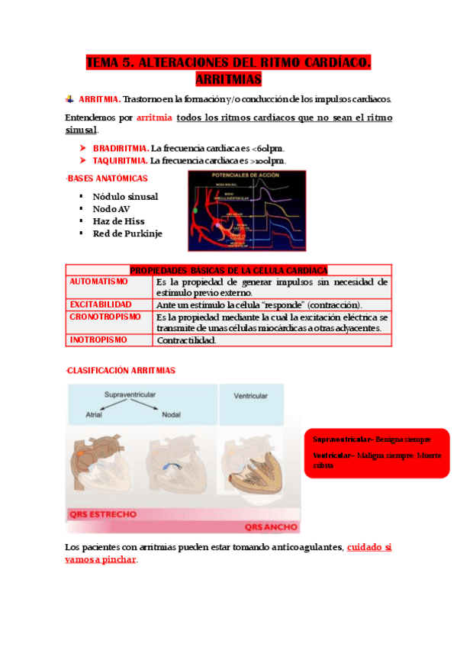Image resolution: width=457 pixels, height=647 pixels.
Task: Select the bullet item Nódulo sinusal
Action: (125, 196)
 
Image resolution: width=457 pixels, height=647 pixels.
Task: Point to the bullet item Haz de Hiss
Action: (118, 221)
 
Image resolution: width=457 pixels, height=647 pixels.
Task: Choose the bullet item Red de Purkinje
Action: (127, 233)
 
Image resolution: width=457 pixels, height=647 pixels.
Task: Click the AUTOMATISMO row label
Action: (99, 282)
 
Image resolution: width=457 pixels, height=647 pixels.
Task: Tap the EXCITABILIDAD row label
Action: (101, 304)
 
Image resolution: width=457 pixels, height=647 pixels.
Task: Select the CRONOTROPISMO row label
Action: (105, 317)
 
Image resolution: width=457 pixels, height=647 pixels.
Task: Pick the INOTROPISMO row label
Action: (98, 340)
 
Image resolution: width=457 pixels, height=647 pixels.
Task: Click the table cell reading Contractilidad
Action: (186, 340)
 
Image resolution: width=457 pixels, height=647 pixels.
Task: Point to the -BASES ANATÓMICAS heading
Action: (101, 178)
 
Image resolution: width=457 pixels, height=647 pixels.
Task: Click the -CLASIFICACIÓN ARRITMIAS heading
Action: (121, 371)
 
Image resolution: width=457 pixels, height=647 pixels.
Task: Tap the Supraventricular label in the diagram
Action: (130, 394)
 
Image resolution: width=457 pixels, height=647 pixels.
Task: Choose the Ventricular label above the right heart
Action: (249, 396)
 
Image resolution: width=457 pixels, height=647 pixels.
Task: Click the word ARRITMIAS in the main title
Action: (229, 79)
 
